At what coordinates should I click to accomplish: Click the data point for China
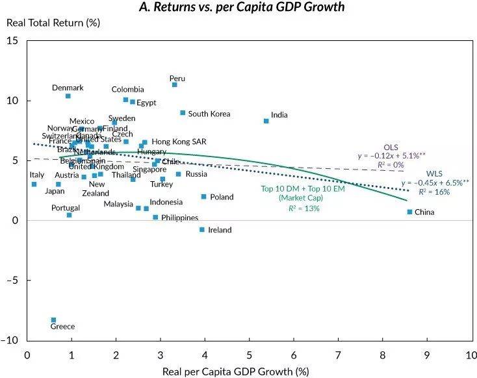[x=409, y=212]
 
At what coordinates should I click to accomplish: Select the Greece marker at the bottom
[x=53, y=320]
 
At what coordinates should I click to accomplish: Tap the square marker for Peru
[x=175, y=85]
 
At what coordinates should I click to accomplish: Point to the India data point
[x=266, y=121]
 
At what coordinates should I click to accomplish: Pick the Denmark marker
[x=68, y=96]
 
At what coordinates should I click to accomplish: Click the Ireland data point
[x=202, y=229]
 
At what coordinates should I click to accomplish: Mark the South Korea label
[x=209, y=114]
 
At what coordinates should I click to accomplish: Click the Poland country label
[x=222, y=197]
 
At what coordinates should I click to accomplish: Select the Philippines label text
[x=180, y=218]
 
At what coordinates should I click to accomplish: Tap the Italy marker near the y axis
[x=34, y=184]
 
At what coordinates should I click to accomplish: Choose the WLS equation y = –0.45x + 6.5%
[x=434, y=183]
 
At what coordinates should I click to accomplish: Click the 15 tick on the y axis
[x=12, y=41]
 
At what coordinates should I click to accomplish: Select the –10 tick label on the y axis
[x=10, y=340]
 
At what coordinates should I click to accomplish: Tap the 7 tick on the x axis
[x=338, y=355]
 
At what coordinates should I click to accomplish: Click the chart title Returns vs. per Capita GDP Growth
[x=242, y=8]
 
